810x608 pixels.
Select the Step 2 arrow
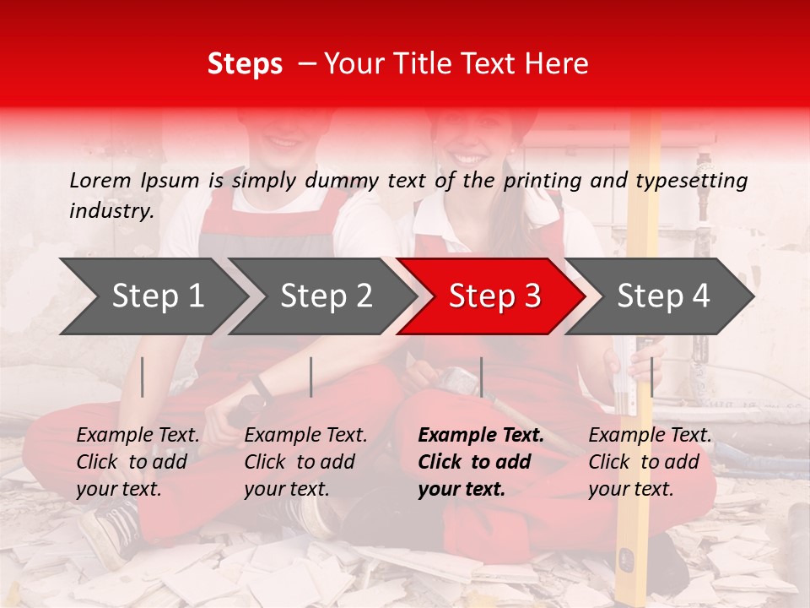click(325, 296)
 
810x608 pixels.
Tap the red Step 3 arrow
click(494, 296)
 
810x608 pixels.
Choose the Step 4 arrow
click(662, 296)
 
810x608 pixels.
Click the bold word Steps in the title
click(245, 64)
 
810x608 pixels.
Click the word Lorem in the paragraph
click(100, 181)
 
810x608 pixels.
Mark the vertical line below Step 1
click(143, 377)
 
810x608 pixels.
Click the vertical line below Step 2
click(311, 377)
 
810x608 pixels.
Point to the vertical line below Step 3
click(481, 377)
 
